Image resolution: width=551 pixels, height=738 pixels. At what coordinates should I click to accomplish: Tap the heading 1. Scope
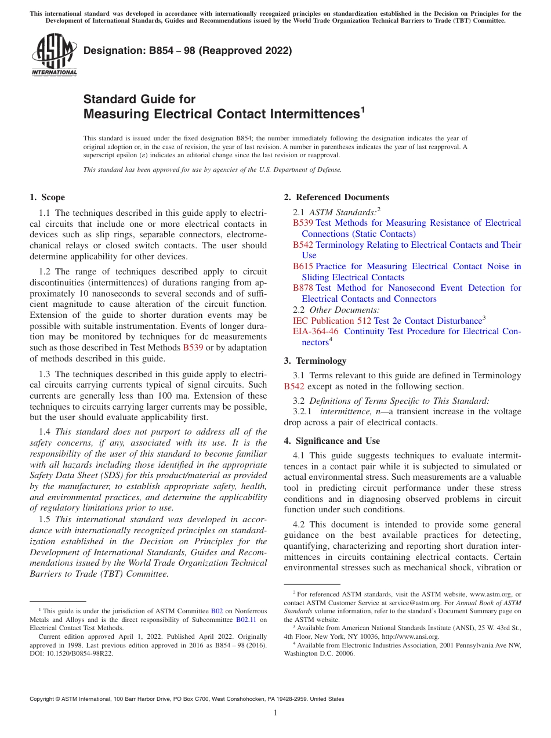48,197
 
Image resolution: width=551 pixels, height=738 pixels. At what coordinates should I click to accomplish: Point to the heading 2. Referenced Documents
336,197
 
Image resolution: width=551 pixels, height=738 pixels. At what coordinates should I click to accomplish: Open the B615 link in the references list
303,266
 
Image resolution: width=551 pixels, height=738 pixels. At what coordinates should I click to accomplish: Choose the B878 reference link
303,288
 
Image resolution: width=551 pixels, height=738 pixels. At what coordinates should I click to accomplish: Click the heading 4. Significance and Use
332,441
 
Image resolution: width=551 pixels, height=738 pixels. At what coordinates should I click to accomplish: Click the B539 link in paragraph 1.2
193,348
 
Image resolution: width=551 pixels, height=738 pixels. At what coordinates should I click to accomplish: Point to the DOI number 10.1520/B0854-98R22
79,653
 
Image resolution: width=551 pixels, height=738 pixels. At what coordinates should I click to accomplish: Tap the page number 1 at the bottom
275,713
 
